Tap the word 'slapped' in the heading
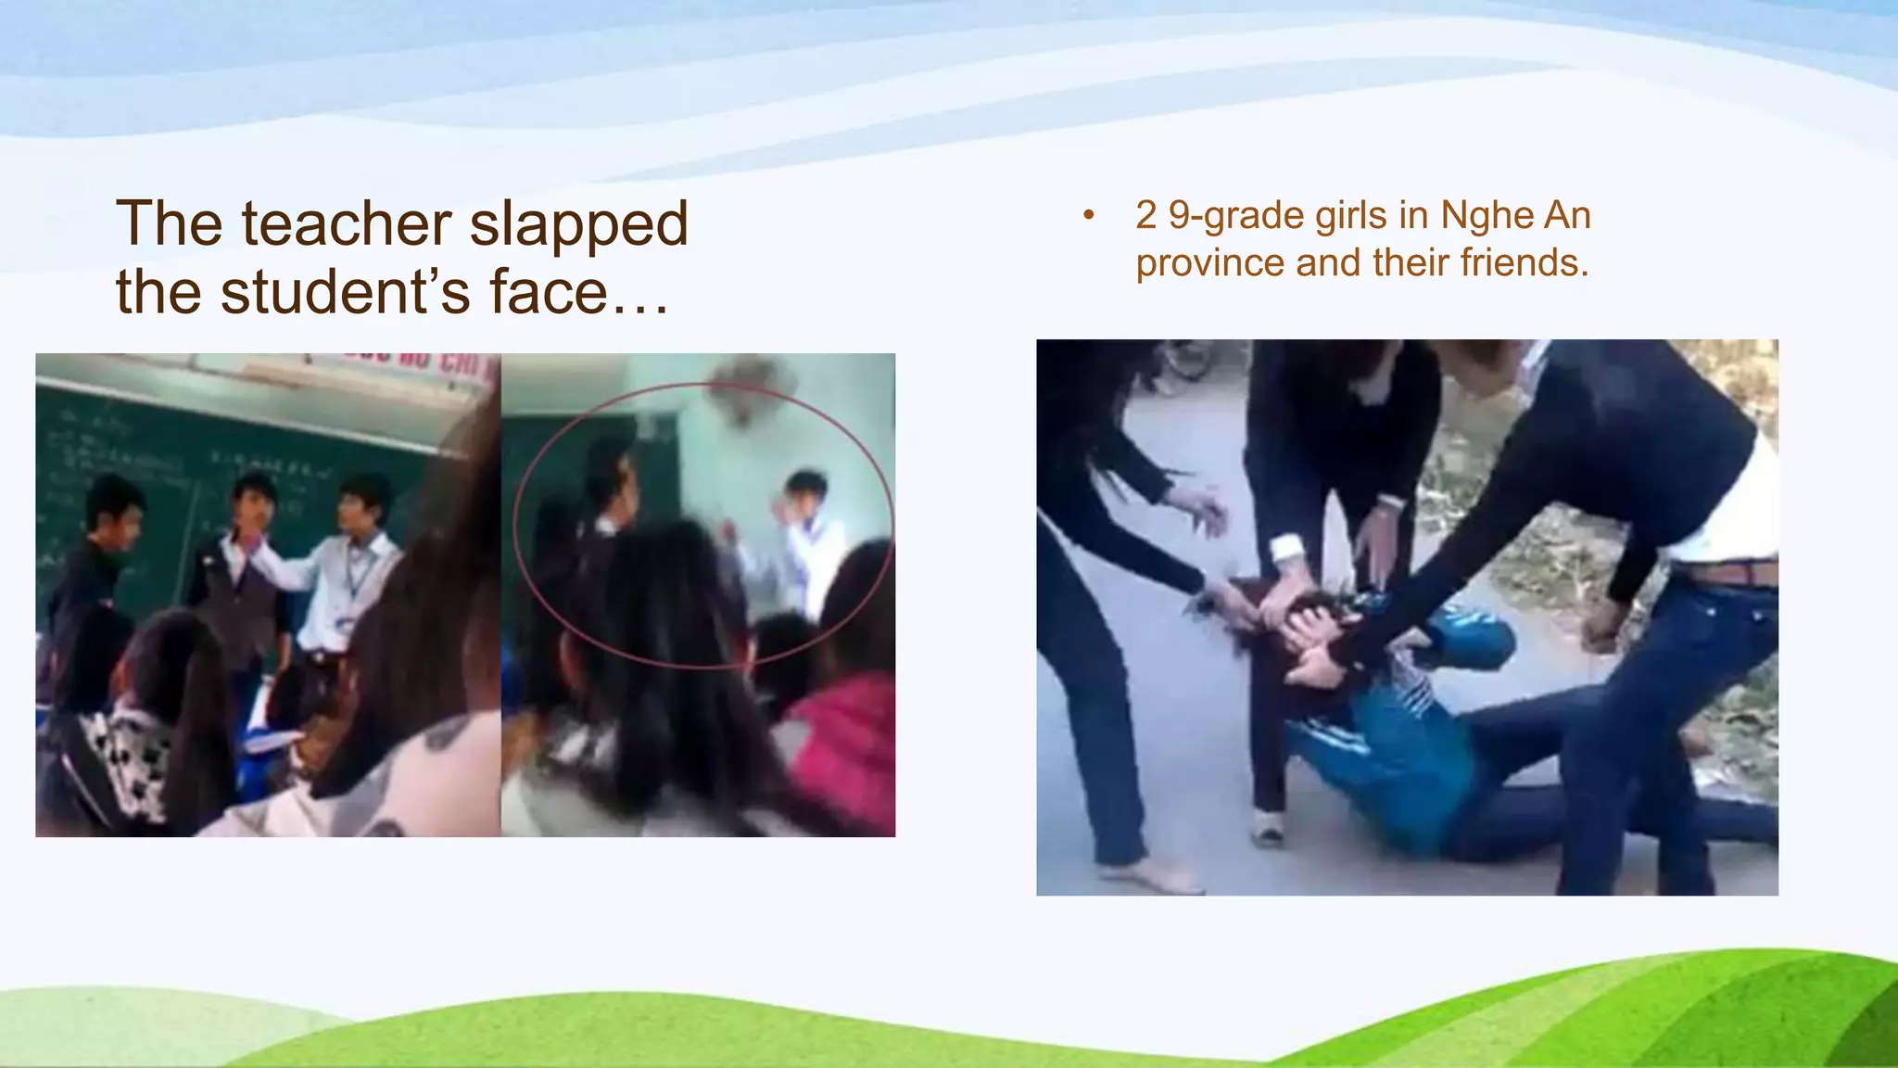[578, 225]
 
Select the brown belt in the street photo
[1729, 574]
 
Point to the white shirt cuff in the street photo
[1287, 549]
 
